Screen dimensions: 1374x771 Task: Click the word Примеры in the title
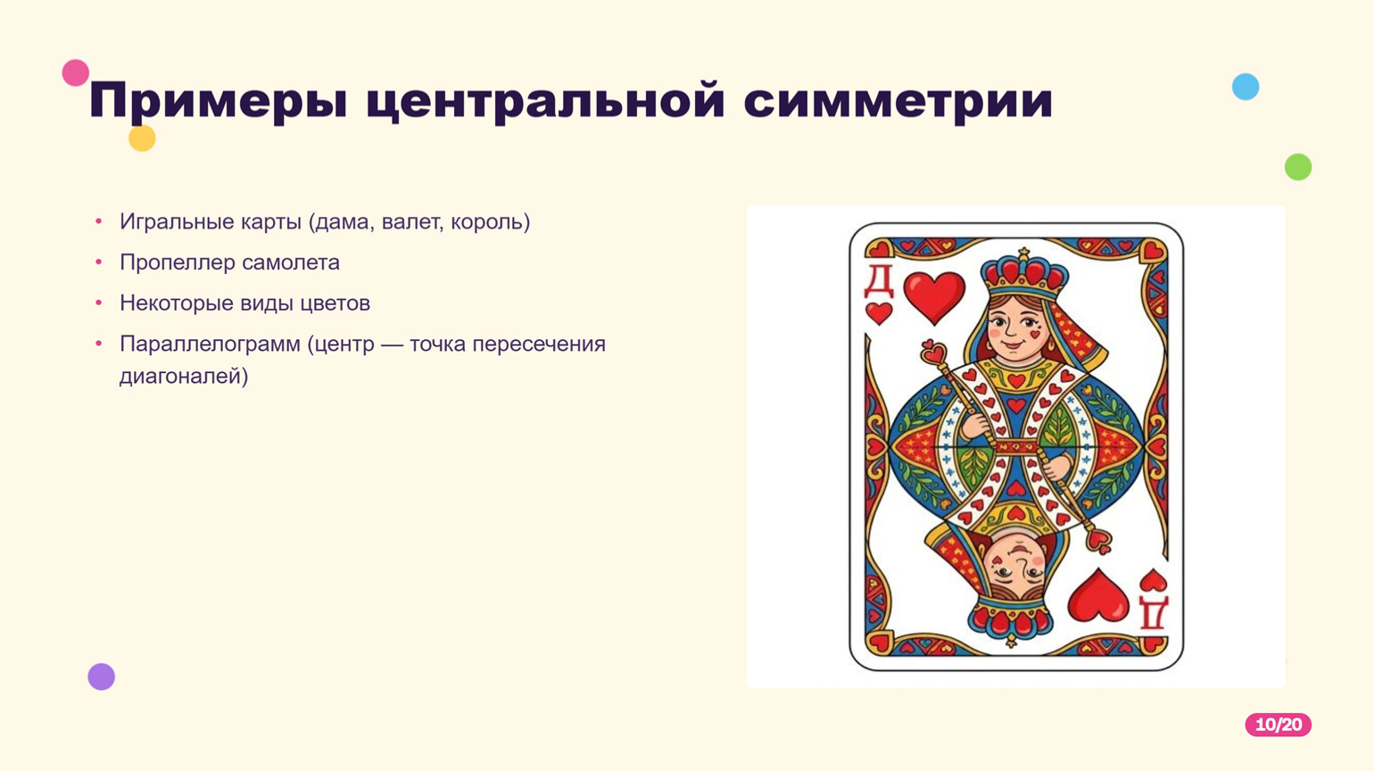[x=219, y=101]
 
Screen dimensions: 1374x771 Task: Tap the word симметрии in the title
[x=898, y=100]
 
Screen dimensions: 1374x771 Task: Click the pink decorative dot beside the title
[x=76, y=73]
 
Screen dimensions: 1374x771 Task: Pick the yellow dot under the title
[x=143, y=138]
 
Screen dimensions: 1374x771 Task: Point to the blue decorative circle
[x=1246, y=87]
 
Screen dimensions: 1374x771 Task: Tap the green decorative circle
[x=1298, y=166]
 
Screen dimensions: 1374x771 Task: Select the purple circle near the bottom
[x=101, y=676]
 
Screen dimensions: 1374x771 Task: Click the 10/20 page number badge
[x=1279, y=725]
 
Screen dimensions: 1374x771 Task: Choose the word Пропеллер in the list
[x=178, y=263]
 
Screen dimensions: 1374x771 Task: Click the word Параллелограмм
[x=210, y=344]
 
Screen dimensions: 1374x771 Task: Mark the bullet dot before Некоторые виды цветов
[x=99, y=303]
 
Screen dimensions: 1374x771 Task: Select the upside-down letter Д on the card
[x=1153, y=612]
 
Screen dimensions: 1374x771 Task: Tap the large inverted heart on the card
[x=1098, y=595]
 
